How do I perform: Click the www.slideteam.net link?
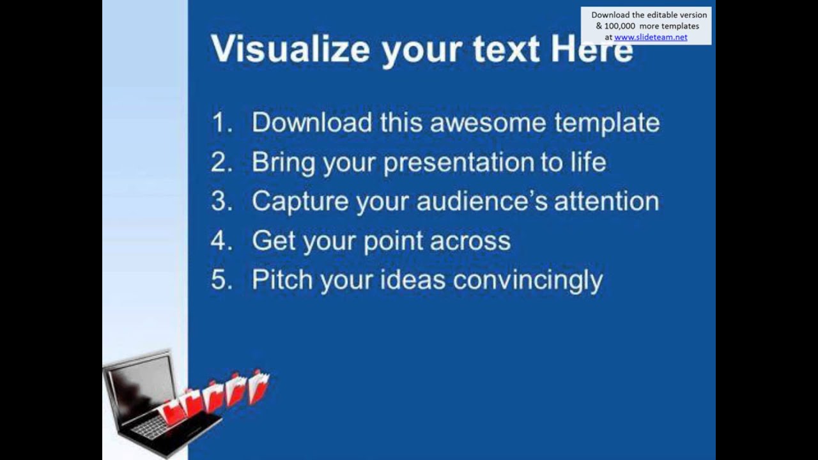(651, 37)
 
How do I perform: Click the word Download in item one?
(312, 123)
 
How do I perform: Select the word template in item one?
(607, 123)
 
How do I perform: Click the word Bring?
(283, 162)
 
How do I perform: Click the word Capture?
(300, 202)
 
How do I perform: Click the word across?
(470, 241)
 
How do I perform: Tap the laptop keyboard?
(153, 427)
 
